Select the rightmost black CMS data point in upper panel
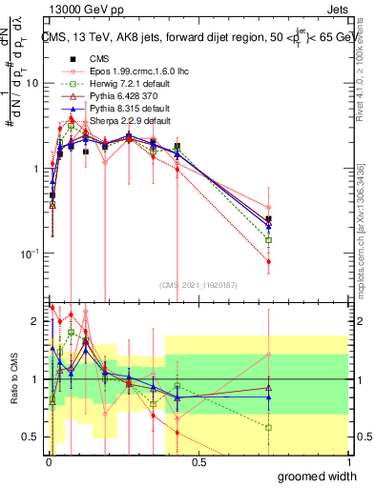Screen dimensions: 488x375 pos(269,219)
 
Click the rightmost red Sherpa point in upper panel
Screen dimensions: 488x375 pos(269,261)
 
